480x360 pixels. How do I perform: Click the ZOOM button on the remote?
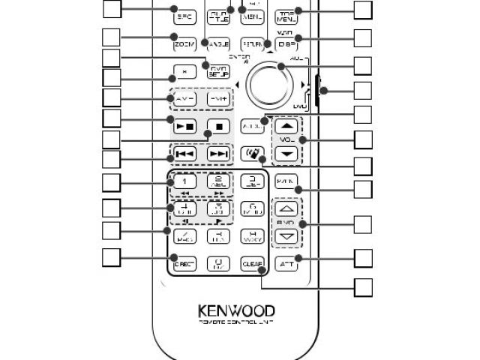(x=184, y=43)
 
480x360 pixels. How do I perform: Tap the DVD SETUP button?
(x=217, y=72)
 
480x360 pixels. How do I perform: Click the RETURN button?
(x=252, y=43)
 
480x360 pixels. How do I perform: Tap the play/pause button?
(x=184, y=124)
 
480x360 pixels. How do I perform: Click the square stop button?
(x=217, y=124)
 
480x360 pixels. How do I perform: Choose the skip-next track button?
(x=217, y=154)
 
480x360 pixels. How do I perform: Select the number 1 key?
(x=184, y=181)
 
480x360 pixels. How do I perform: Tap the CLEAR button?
(x=252, y=264)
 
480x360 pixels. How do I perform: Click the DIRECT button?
(x=184, y=264)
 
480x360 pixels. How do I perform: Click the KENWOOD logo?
(x=236, y=310)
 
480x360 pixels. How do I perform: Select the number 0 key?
(x=217, y=264)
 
